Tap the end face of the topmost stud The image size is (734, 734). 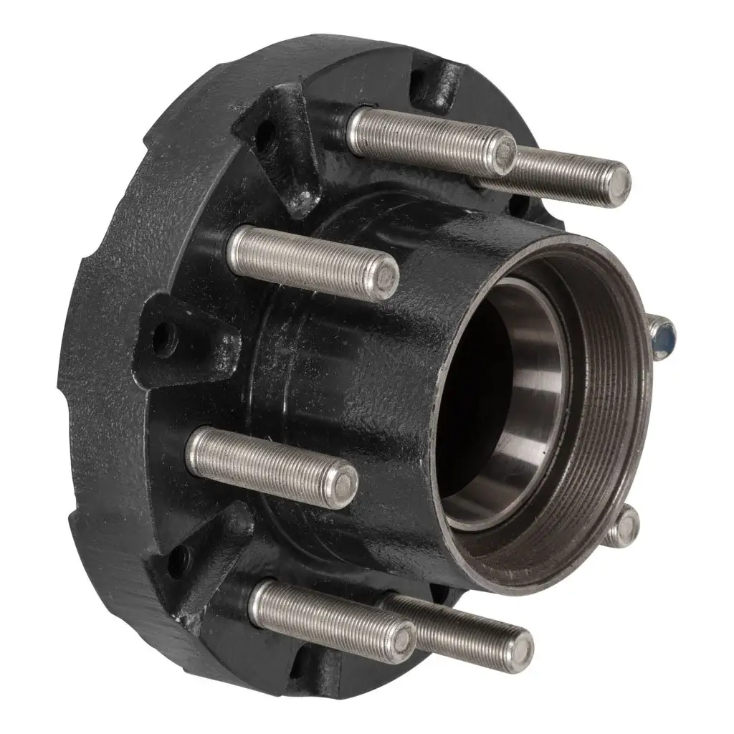[506, 151]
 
